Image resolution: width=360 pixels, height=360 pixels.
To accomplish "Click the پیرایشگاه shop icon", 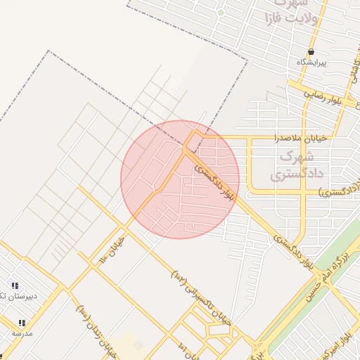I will pos(311,52).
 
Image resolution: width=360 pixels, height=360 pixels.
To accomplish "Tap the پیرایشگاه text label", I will pos(311,63).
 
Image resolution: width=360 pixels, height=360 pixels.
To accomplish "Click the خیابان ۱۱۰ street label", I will pos(112,250).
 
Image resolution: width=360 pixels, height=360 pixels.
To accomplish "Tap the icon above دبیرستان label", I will pos(15,286).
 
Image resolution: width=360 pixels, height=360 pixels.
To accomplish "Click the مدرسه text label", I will pos(22,333).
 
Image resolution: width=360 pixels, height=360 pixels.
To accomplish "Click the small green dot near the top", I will pos(221,13).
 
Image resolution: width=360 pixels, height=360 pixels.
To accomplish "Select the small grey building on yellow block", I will pos(139,345).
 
